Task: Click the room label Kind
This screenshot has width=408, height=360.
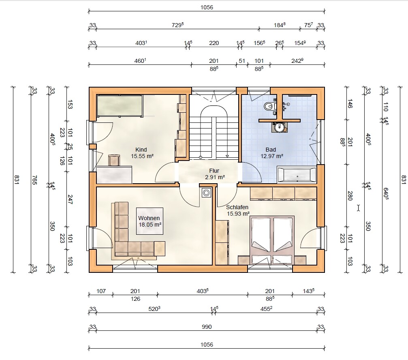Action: (x=141, y=150)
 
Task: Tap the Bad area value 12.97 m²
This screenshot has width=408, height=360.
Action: (x=272, y=156)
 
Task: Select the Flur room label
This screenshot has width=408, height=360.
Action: (x=214, y=171)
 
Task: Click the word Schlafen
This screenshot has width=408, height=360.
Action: (x=237, y=207)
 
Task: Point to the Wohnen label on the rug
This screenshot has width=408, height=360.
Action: (x=149, y=218)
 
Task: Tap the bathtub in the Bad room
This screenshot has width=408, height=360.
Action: (x=297, y=174)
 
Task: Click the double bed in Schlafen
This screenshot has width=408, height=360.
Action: (x=272, y=240)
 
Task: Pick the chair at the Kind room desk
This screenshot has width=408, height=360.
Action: (x=114, y=160)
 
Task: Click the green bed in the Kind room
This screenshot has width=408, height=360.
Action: (x=120, y=106)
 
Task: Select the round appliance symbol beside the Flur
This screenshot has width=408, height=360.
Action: (x=206, y=193)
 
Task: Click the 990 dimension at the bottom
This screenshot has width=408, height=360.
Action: (x=207, y=327)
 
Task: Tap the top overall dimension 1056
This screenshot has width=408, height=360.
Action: (x=207, y=7)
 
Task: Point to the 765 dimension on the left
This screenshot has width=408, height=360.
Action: (x=34, y=180)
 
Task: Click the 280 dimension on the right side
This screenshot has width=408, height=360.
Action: (x=350, y=196)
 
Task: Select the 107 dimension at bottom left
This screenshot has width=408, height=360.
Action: (x=101, y=291)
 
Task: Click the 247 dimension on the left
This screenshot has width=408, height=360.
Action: (x=70, y=199)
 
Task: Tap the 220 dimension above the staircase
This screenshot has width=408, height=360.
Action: (x=214, y=43)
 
